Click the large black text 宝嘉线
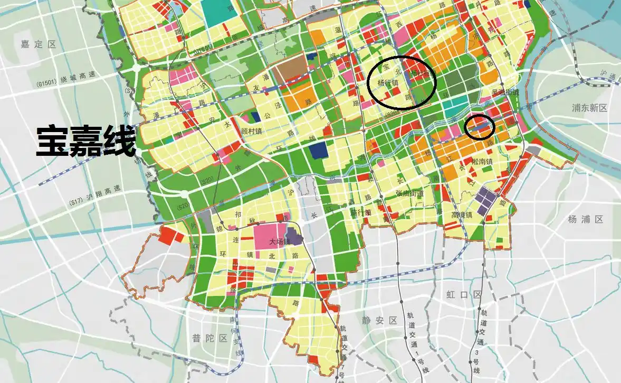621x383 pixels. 85,141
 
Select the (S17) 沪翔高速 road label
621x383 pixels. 93,202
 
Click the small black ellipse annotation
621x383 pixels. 479,127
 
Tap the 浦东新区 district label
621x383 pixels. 589,108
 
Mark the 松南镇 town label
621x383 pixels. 482,162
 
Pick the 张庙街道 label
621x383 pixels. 409,193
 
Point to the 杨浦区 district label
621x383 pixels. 586,219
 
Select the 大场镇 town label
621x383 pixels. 280,242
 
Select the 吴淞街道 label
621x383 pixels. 505,92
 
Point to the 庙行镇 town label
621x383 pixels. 360,212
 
